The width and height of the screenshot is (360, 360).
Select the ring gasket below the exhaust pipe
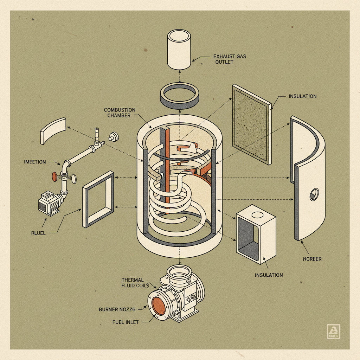(179, 95)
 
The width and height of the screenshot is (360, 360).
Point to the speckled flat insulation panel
(251, 124)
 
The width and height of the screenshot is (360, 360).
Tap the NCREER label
(312, 259)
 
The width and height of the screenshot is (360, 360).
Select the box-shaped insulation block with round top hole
(256, 233)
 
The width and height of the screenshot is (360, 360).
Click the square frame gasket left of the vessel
(98, 199)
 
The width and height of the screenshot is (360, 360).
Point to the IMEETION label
(35, 162)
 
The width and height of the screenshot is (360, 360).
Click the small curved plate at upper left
(53, 131)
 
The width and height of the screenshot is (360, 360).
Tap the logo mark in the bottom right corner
(333, 331)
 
